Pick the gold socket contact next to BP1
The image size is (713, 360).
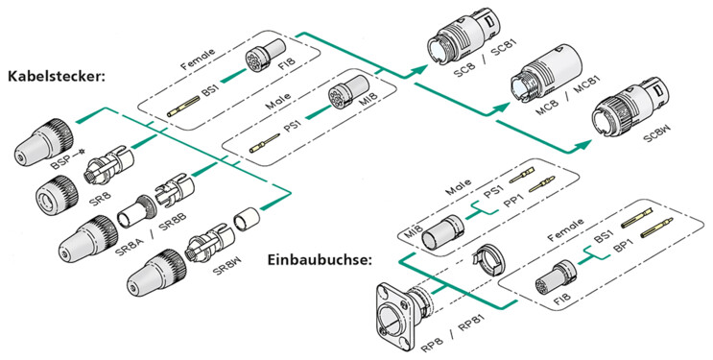click(x=641, y=229)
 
